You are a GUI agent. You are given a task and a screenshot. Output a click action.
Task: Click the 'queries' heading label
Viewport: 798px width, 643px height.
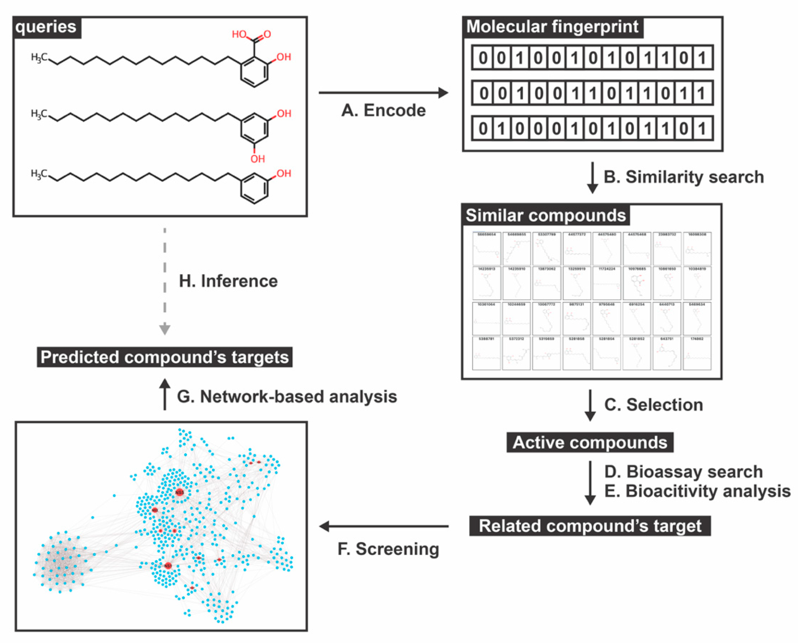[x=46, y=27]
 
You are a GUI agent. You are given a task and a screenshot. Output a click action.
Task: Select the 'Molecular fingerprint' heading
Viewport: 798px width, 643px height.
[x=552, y=27]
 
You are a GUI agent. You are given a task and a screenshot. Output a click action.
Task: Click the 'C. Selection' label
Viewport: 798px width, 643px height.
[x=653, y=404]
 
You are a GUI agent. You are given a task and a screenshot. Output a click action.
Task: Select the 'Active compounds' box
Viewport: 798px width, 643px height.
[x=590, y=442]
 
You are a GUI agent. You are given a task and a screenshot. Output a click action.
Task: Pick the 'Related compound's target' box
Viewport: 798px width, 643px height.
[x=590, y=526]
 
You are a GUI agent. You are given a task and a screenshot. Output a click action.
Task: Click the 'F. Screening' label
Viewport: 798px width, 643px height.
[x=388, y=549]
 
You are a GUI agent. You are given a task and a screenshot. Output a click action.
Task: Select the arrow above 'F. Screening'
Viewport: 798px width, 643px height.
[x=384, y=526]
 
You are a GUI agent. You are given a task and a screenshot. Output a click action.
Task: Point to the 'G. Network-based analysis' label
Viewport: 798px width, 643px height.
[x=287, y=397]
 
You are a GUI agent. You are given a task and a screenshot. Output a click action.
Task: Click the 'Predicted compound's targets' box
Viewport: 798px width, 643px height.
[x=165, y=357]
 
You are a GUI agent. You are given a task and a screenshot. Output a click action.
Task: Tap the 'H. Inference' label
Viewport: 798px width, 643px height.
[x=228, y=281]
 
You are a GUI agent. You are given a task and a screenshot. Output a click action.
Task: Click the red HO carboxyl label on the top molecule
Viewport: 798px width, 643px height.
[x=239, y=34]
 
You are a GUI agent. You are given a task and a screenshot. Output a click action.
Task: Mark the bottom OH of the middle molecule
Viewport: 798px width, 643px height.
[x=258, y=159]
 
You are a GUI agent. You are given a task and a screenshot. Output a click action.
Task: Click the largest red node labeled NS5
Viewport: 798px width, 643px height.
[x=179, y=492]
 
